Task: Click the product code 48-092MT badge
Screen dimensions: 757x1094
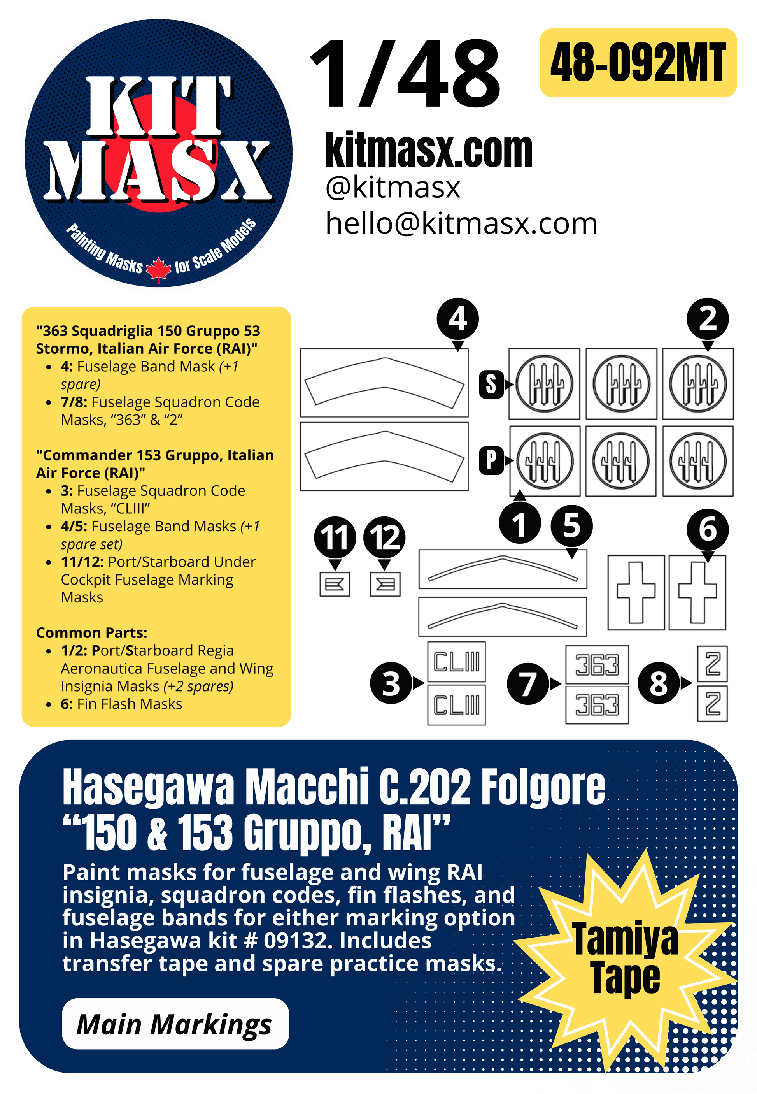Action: tap(638, 63)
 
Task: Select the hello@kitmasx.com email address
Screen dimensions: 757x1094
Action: tap(461, 223)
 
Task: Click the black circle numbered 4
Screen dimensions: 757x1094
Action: tap(457, 319)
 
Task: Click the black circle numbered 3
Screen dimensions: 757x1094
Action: tap(391, 683)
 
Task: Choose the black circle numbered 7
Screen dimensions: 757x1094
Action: tap(528, 683)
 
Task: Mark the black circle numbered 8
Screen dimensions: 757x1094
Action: tap(658, 683)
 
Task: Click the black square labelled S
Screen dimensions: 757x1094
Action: tap(491, 384)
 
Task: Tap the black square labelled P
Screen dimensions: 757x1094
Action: tap(491, 460)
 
